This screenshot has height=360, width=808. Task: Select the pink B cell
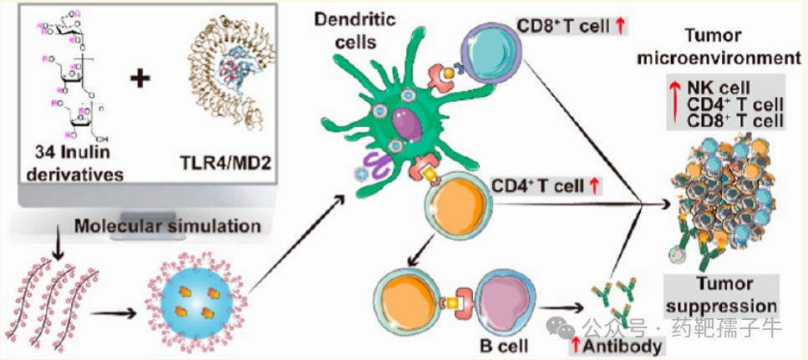(x=506, y=301)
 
